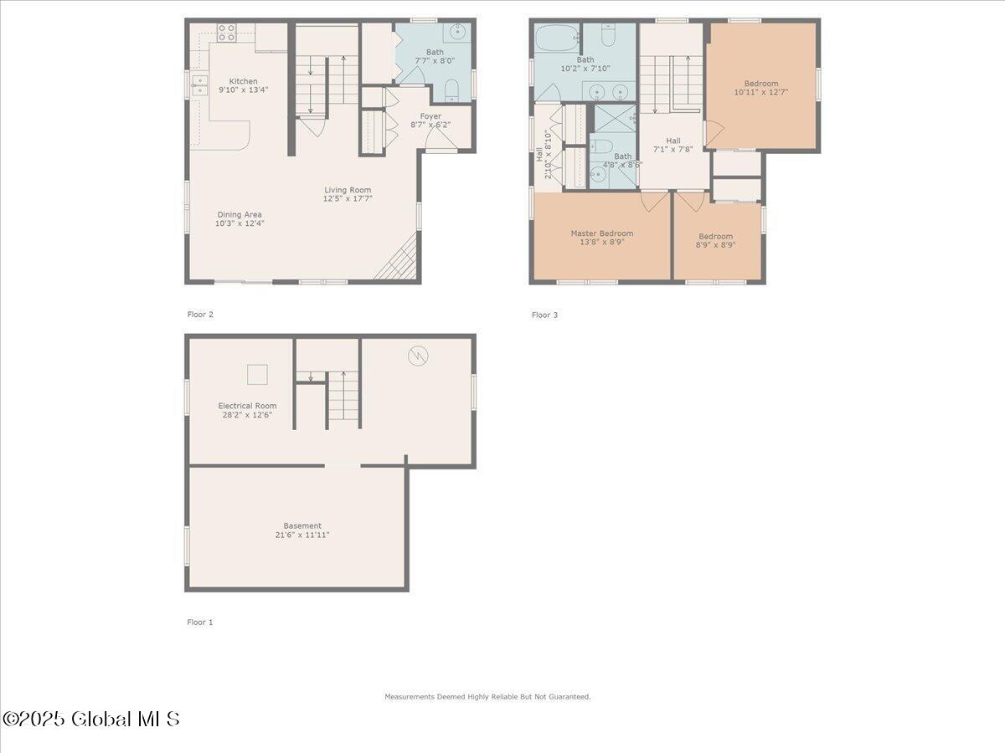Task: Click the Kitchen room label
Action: click(244, 81)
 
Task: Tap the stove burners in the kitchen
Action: click(226, 33)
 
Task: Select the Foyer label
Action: click(430, 116)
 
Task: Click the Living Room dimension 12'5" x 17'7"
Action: click(348, 199)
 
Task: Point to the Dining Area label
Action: click(239, 215)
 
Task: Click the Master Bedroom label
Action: click(601, 233)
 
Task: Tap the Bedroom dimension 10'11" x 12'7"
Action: click(760, 93)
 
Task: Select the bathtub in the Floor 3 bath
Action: click(555, 38)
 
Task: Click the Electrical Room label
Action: click(247, 406)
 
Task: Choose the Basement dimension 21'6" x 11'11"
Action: click(301, 535)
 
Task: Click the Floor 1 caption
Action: click(200, 622)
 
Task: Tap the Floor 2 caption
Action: click(200, 315)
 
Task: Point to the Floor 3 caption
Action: click(544, 315)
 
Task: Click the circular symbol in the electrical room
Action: click(418, 356)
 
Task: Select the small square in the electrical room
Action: click(257, 374)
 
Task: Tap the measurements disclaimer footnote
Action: click(487, 697)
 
